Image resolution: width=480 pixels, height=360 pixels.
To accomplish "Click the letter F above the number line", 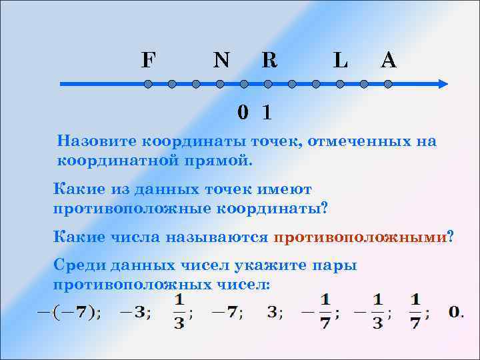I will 149,61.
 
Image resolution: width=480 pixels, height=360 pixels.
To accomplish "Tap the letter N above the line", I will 221,61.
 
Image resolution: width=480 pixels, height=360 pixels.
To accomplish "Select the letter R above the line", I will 269,61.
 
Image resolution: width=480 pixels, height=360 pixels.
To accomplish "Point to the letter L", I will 340,61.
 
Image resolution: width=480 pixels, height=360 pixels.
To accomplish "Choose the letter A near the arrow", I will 388,61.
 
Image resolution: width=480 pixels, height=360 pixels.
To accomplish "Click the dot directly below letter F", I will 148,85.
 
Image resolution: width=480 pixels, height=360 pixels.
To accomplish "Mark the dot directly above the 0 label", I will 244,85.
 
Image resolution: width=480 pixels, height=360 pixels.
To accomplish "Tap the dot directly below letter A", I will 388,85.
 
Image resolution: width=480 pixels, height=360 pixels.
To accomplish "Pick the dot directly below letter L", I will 340,85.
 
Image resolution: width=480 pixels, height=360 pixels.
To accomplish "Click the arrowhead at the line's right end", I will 441,85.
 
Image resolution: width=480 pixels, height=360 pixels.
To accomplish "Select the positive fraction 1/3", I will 179,311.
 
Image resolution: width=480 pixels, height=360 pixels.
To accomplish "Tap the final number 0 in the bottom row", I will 455,311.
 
